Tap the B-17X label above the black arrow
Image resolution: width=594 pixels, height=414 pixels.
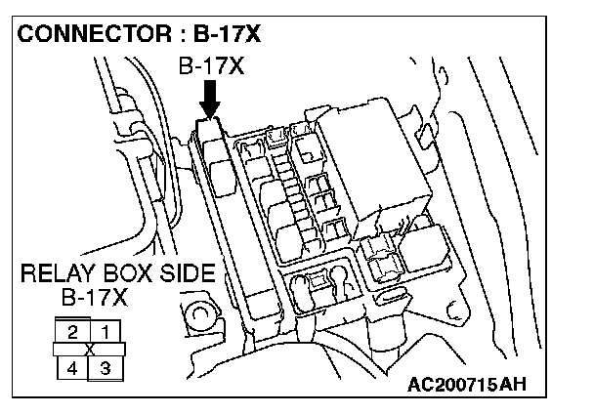(211, 67)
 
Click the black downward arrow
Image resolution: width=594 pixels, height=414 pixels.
(210, 98)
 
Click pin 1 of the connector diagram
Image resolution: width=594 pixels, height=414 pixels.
(106, 332)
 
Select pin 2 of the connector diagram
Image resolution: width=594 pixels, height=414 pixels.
(73, 332)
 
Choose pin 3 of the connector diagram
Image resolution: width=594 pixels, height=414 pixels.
(106, 367)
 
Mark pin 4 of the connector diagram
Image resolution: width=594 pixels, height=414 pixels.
(70, 367)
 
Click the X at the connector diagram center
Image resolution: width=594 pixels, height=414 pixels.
(89, 350)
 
